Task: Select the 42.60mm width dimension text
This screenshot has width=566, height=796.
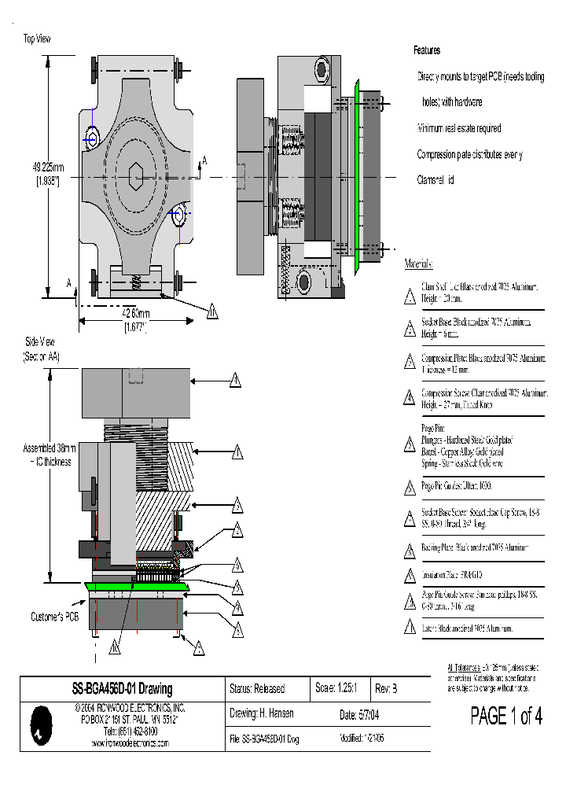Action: (x=137, y=314)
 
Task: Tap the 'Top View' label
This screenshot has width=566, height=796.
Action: (x=37, y=39)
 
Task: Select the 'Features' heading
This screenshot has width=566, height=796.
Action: (x=427, y=50)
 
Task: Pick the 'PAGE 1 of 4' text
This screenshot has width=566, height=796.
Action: (x=505, y=716)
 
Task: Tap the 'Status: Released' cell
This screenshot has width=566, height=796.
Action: (x=256, y=689)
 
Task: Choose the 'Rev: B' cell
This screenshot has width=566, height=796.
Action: (x=386, y=688)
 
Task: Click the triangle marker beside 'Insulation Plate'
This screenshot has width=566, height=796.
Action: (x=409, y=577)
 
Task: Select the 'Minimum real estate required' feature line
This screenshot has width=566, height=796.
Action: (x=459, y=128)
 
